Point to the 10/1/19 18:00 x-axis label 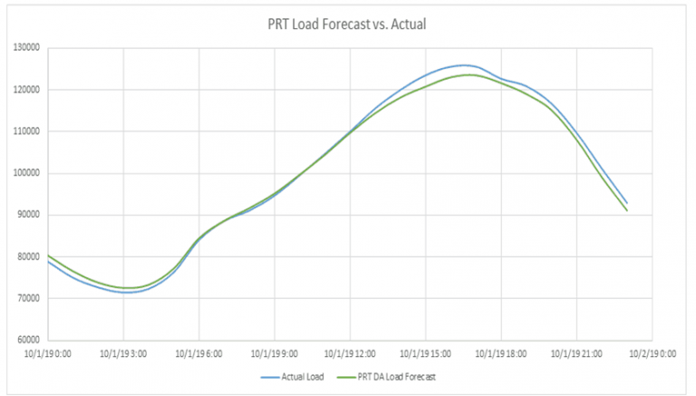499,353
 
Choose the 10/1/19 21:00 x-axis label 575,353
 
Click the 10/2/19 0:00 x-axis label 652,353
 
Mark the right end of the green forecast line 626,210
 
